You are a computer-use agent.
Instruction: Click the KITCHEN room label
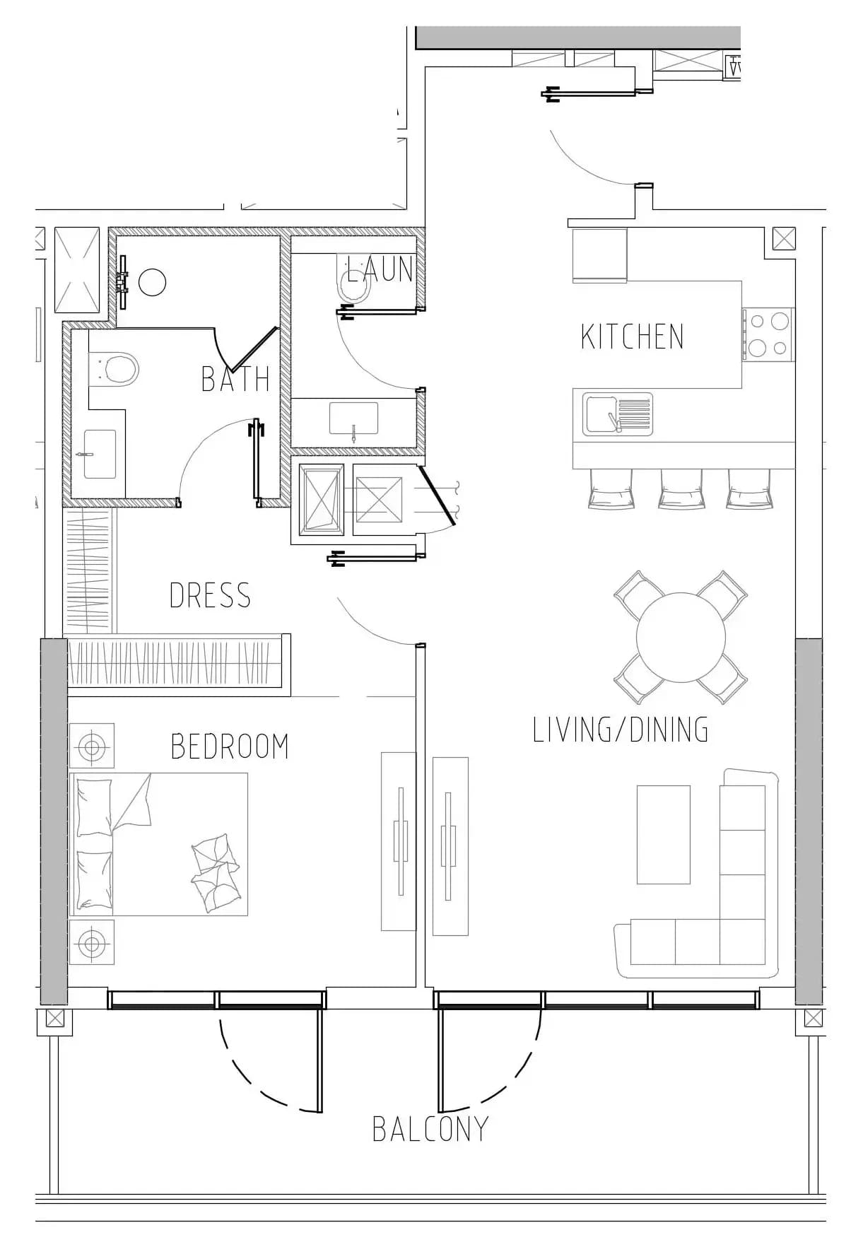point(633,336)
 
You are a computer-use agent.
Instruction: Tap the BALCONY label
point(430,1129)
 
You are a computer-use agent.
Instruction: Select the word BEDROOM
point(230,746)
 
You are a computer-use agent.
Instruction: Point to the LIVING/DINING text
point(621,730)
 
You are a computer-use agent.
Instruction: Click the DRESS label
point(210,595)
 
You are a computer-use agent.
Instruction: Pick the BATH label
point(235,379)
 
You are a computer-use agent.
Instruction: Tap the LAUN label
point(380,269)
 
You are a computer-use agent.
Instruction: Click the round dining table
point(681,637)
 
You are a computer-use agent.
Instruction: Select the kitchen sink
point(618,414)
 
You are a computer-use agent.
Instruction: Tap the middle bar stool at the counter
point(681,488)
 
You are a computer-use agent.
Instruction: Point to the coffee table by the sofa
point(663,834)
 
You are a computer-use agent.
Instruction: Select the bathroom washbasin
point(99,455)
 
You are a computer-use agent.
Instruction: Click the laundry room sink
point(353,418)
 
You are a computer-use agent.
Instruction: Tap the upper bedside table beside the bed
point(92,746)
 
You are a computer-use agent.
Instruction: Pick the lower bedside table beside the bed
point(92,942)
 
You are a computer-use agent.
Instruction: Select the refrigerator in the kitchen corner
point(599,255)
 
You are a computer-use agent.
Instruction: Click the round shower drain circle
point(152,282)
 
